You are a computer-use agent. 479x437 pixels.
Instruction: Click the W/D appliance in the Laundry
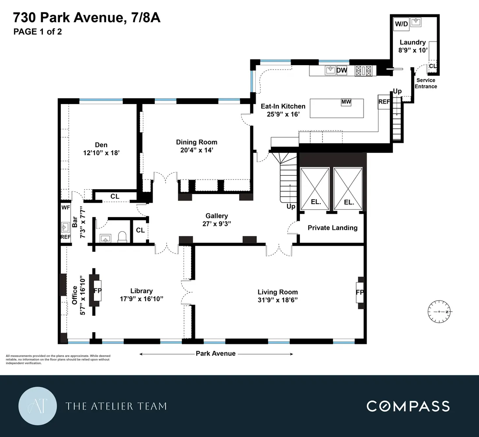click(x=401, y=24)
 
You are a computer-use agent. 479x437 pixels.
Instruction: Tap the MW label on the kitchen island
click(x=346, y=102)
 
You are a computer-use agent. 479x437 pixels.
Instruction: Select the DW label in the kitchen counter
click(x=342, y=70)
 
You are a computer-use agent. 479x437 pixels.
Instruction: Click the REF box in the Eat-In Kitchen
click(x=384, y=101)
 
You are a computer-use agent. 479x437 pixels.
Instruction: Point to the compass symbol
click(x=440, y=312)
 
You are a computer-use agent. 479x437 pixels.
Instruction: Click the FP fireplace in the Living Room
click(x=360, y=292)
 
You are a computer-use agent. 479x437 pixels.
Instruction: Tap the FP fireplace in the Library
click(x=97, y=290)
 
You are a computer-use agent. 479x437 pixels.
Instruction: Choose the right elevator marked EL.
click(x=348, y=189)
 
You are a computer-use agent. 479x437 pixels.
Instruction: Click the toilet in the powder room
click(x=123, y=237)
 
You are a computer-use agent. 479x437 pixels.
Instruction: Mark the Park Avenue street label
click(x=215, y=354)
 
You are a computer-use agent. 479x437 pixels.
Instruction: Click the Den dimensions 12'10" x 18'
click(x=101, y=153)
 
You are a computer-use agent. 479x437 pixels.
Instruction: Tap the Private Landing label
click(x=332, y=228)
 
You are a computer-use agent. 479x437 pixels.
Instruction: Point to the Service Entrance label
click(x=426, y=83)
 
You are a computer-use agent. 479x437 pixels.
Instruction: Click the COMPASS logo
click(x=408, y=406)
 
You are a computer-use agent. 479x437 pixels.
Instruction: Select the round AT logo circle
click(x=38, y=406)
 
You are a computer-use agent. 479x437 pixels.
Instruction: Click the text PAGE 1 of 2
click(x=38, y=31)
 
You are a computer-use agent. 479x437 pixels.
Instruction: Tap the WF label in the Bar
click(x=66, y=207)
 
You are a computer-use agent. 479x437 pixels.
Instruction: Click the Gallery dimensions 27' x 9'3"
click(x=217, y=224)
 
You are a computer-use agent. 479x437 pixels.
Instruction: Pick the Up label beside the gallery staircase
click(x=291, y=206)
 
